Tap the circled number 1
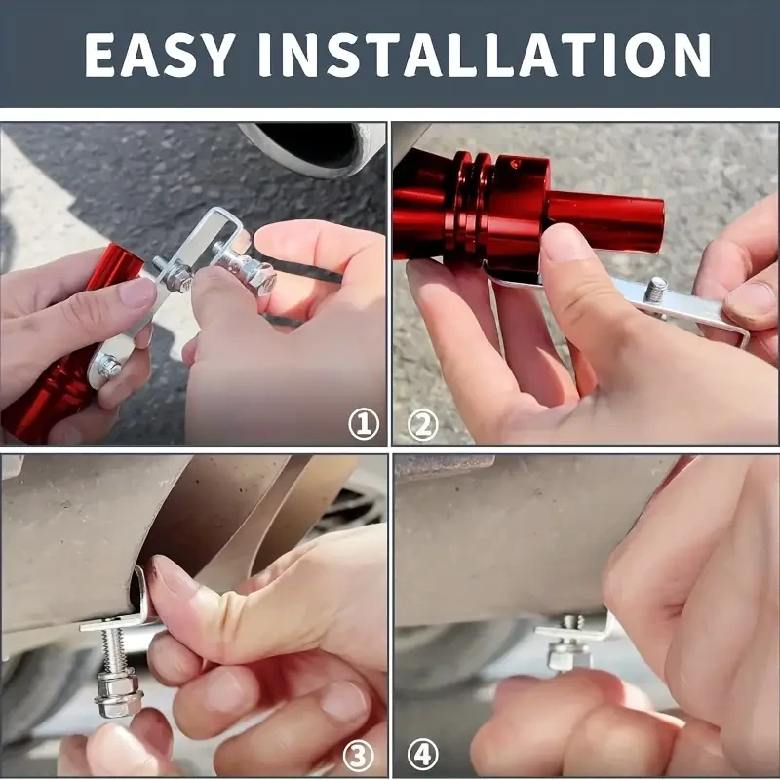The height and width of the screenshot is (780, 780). (364, 424)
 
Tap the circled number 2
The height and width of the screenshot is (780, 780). (421, 424)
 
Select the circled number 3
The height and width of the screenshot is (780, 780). (361, 754)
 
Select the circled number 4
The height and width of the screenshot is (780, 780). (421, 754)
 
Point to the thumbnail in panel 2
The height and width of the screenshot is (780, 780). (566, 243)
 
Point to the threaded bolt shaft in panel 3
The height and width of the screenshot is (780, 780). (115, 653)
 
